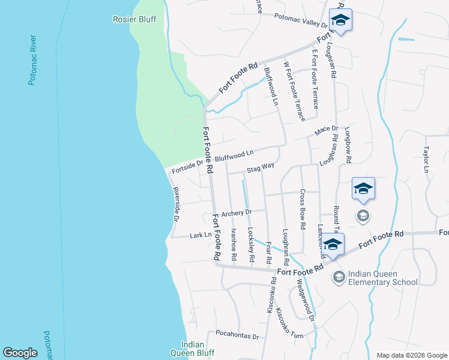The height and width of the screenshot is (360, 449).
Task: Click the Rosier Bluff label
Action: click(x=134, y=19)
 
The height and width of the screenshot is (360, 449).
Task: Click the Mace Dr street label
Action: click(x=327, y=130)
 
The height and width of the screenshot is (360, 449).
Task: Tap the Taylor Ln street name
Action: click(x=427, y=160)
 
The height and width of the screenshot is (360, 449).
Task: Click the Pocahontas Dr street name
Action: click(x=237, y=336)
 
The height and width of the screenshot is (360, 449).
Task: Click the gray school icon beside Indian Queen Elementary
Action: click(x=339, y=276)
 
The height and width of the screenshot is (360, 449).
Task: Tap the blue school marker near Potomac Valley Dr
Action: click(x=340, y=20)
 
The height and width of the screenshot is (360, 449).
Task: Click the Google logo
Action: click(x=20, y=353)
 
